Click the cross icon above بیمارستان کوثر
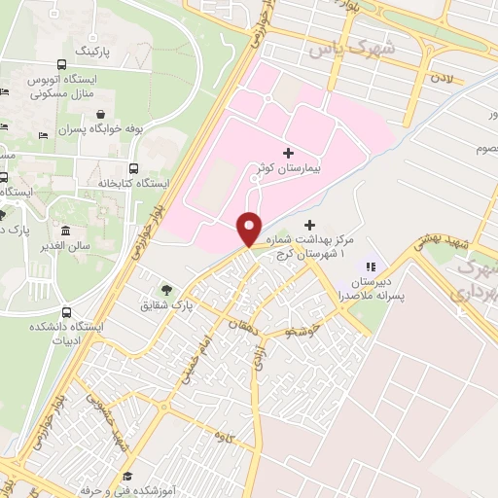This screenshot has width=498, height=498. tap(287, 153)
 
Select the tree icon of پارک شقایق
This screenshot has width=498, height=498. tap(166, 289)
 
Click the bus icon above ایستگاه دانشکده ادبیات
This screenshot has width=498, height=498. tap(66, 312)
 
